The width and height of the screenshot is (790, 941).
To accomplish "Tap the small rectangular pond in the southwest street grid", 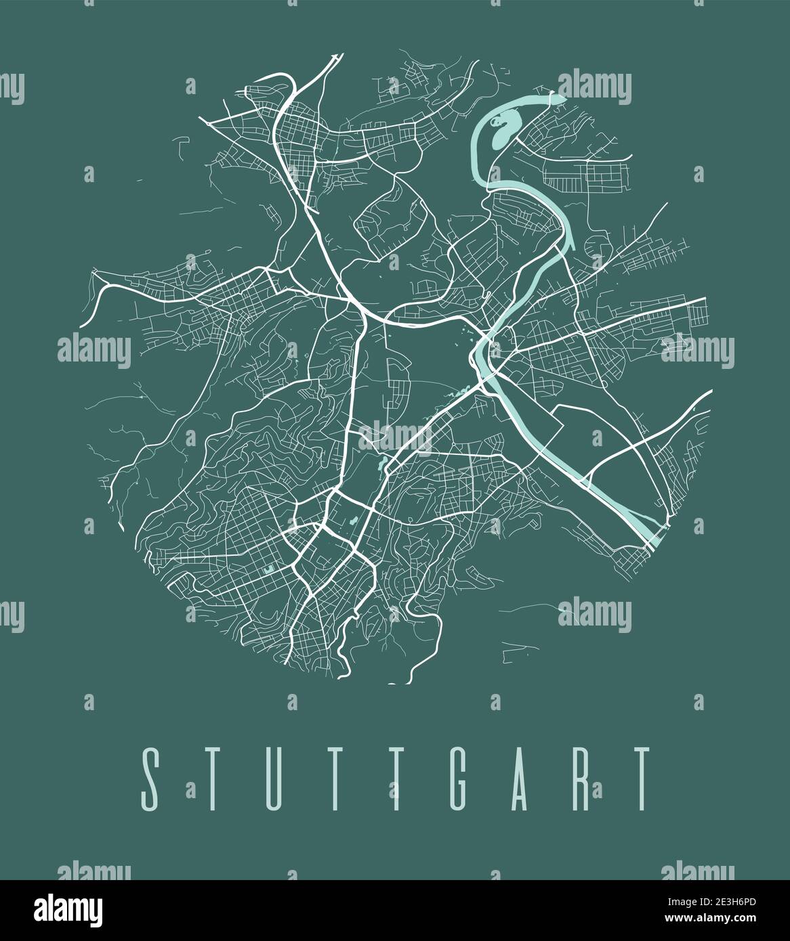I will (x=270, y=570).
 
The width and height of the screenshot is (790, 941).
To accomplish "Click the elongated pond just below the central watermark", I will (x=384, y=463).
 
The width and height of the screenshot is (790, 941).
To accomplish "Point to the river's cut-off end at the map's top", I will (x=560, y=101).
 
